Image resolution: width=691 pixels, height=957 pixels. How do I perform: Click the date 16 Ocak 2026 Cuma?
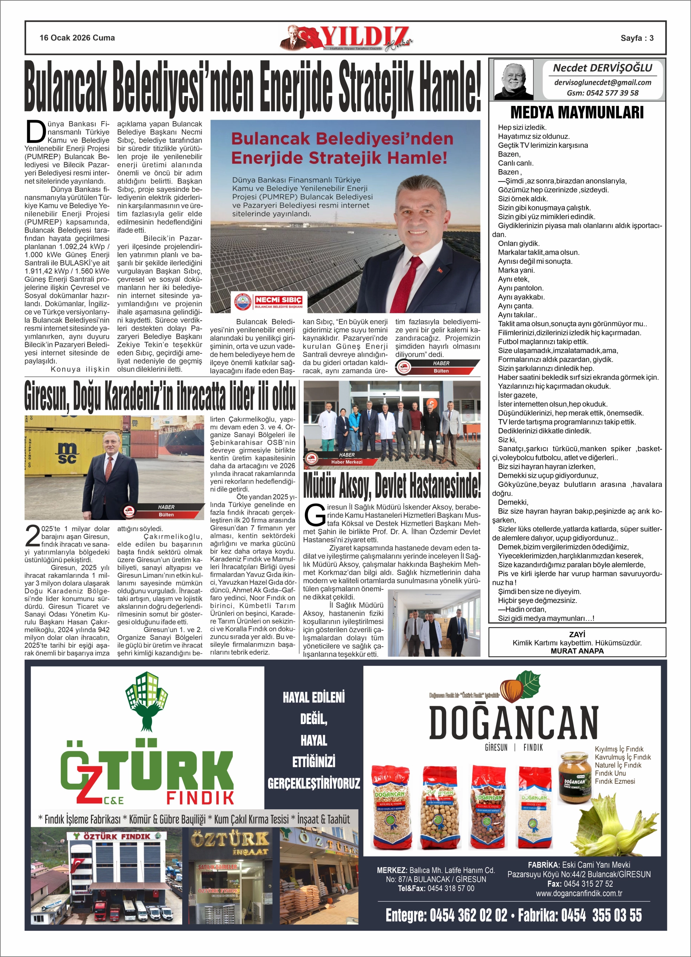(77, 38)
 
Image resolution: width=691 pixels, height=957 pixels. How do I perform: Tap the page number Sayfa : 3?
(636, 38)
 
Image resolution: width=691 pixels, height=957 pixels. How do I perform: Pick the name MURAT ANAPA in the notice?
(577, 651)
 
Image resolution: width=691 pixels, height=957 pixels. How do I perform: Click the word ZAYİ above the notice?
(577, 635)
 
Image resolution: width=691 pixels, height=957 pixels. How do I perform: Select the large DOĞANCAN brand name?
(514, 722)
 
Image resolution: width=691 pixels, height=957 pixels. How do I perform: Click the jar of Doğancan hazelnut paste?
(575, 777)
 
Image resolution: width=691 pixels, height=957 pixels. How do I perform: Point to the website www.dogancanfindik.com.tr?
(579, 893)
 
